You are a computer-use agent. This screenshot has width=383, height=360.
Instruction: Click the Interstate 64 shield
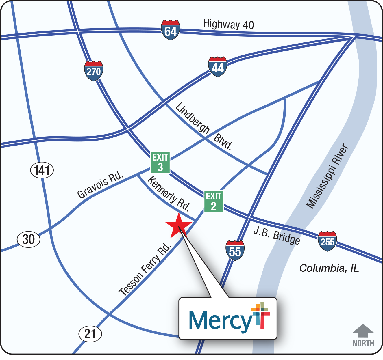click(171, 30)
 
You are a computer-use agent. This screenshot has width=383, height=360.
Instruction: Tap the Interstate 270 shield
click(94, 71)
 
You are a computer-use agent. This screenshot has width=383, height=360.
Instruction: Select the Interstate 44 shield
click(217, 67)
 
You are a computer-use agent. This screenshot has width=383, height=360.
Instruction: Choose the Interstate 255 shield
click(327, 241)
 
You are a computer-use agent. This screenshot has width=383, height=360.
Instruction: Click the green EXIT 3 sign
click(160, 163)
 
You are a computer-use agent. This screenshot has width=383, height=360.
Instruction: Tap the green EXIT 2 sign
click(214, 201)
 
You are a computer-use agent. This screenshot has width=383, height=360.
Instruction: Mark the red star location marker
click(179, 225)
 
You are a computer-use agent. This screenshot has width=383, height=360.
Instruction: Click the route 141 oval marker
click(42, 170)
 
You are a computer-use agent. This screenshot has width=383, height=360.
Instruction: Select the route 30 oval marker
click(28, 239)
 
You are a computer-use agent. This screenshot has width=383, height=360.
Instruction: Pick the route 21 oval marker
click(90, 334)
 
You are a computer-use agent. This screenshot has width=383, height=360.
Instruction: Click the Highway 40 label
click(229, 24)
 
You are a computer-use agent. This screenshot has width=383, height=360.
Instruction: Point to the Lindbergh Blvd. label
click(204, 126)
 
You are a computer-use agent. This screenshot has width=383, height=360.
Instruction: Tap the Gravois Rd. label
click(100, 185)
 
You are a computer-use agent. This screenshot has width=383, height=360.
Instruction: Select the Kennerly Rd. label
click(169, 194)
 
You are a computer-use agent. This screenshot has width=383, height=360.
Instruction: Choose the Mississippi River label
click(327, 176)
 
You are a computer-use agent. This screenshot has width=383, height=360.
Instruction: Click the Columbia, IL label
click(329, 268)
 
